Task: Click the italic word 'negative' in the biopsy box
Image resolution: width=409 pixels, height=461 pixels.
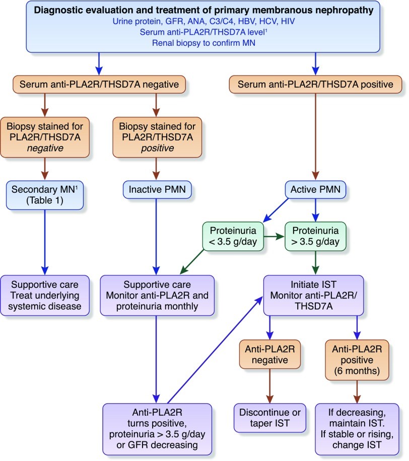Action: tap(44, 149)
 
